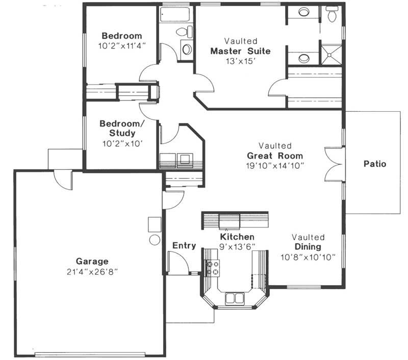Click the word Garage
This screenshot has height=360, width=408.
(92, 261)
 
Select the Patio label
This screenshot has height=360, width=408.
(374, 164)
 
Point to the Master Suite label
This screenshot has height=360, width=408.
(240, 51)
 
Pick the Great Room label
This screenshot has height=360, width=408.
(275, 156)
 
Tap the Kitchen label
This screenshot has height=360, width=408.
(237, 237)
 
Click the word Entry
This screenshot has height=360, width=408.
(184, 246)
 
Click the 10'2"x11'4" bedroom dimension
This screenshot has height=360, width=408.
(121, 45)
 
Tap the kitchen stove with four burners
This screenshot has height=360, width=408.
(212, 267)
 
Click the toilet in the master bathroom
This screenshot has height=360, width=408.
(332, 14)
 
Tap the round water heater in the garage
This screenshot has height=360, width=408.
(154, 240)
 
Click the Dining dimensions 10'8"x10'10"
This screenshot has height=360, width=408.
(308, 257)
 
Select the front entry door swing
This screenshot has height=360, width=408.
(177, 263)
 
